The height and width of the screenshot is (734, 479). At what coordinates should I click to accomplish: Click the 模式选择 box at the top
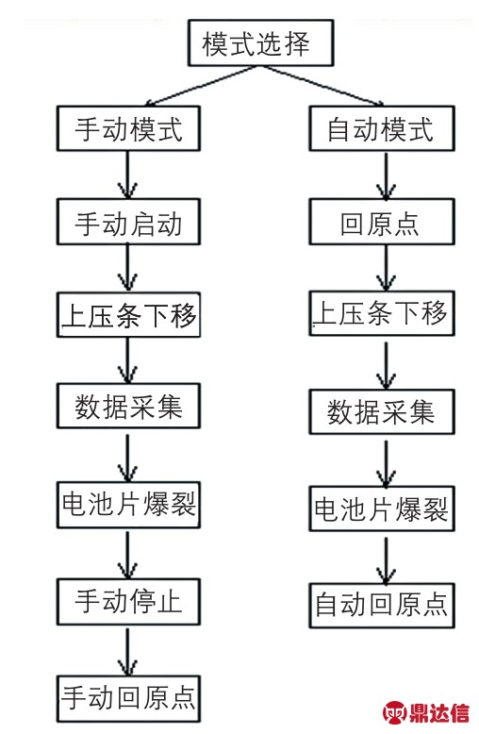tap(260, 42)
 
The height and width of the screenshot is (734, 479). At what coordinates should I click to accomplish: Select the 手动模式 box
tap(128, 128)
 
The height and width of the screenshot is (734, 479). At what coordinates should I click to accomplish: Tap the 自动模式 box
tap(382, 128)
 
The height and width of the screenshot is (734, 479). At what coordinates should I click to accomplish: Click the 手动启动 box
tap(128, 222)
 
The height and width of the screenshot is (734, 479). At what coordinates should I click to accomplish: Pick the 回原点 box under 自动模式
tap(382, 222)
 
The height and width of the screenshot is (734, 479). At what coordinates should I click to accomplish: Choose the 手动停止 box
tap(128, 602)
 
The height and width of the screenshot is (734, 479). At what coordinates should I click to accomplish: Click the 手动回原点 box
tap(128, 698)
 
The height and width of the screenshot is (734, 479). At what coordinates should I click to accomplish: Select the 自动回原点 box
tap(382, 606)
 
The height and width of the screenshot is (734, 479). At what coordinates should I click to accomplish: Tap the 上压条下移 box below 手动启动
tap(128, 314)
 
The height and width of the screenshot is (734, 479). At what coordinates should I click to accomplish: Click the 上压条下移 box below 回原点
tap(382, 312)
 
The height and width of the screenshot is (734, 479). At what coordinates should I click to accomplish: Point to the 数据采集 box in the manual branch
tap(128, 406)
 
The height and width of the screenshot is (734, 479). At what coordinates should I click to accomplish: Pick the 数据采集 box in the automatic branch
tap(382, 411)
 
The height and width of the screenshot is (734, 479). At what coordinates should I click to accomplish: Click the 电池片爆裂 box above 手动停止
tap(128, 505)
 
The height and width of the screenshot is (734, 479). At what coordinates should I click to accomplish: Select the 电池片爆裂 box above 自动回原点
tap(382, 509)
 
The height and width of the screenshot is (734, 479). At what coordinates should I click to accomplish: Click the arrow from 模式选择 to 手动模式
tap(201, 86)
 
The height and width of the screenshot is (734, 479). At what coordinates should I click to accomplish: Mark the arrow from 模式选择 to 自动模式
tap(322, 86)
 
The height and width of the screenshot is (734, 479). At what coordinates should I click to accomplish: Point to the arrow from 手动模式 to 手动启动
tap(127, 175)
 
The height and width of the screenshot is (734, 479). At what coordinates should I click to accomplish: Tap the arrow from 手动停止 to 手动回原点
tap(127, 651)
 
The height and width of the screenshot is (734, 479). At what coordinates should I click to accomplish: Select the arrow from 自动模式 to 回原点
tap(386, 175)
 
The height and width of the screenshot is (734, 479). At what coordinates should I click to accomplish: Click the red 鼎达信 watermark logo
tap(425, 712)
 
